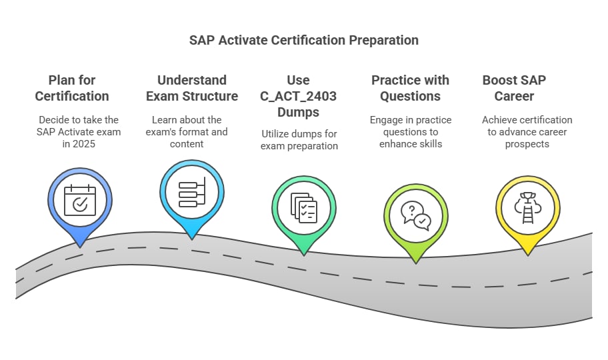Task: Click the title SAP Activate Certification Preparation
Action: point(304,40)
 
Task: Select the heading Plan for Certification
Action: point(72,88)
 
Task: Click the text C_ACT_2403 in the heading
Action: point(298,96)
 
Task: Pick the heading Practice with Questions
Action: point(410,88)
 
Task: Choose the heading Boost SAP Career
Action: point(514,88)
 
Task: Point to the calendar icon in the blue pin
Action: point(80,200)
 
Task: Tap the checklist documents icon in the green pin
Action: point(304,207)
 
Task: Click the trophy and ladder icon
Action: point(527,207)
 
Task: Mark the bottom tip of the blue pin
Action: point(80,247)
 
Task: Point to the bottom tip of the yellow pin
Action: point(527,255)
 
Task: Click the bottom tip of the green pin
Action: point(304,255)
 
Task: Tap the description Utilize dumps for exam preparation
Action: point(299,140)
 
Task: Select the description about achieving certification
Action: point(527,132)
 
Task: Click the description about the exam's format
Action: point(189,132)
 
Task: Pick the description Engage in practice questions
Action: point(411,132)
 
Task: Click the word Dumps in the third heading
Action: point(299,112)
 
